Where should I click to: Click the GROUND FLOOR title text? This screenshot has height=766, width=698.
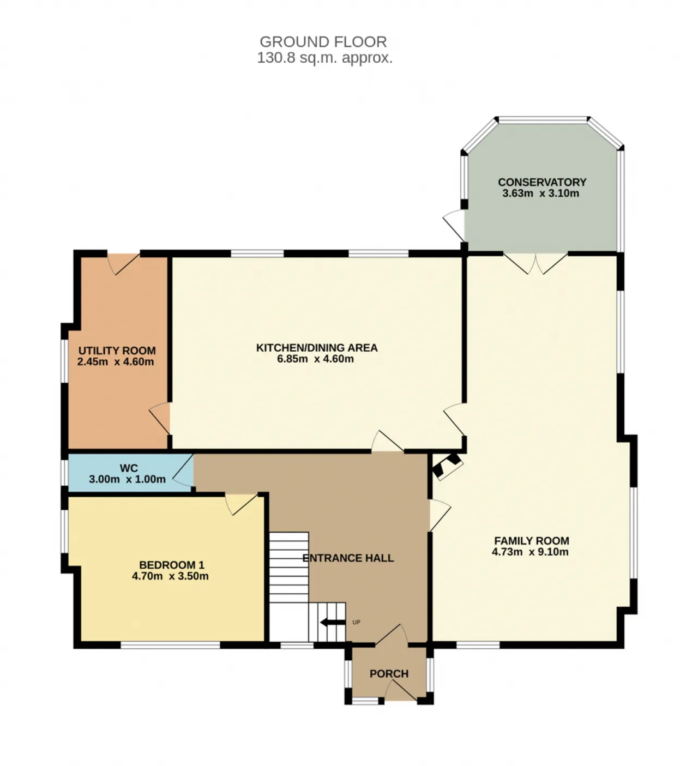point(323,41)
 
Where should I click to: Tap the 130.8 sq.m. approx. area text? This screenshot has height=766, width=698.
point(324,58)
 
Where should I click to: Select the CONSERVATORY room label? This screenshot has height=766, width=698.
point(541,182)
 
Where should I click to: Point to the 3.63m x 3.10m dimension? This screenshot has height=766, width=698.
point(540,193)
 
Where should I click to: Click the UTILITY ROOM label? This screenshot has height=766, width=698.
point(117,351)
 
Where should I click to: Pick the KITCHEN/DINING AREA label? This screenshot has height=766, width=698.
point(317,348)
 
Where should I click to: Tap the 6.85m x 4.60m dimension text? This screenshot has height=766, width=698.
point(315,359)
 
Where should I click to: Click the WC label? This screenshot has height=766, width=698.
point(129,468)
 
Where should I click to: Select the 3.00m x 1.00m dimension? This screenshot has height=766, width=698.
point(127,479)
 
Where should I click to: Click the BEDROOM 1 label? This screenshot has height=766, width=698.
point(172,565)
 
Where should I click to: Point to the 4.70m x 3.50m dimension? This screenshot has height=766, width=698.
point(170,576)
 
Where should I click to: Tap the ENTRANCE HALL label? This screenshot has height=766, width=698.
point(348,558)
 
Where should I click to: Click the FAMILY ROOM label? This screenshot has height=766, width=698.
point(532,541)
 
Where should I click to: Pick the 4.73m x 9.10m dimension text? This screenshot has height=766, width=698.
point(530,552)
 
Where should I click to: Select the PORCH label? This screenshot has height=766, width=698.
point(389,674)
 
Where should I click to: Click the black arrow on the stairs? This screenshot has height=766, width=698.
point(333,623)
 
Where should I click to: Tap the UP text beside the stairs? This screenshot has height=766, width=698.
point(356,623)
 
